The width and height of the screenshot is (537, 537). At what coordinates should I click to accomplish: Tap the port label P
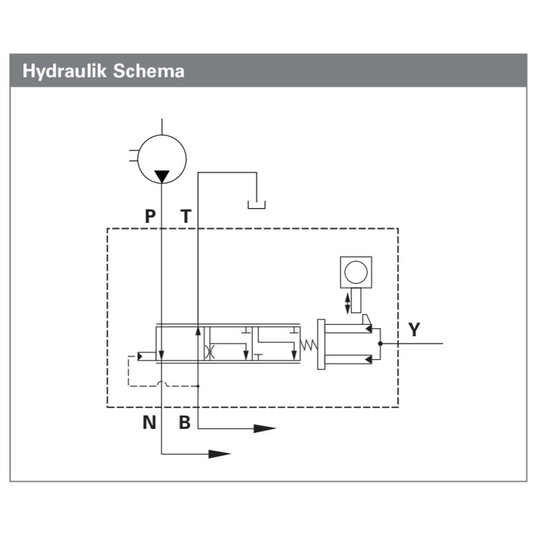tap(150, 216)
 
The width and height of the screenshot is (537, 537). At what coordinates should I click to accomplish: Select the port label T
tap(186, 216)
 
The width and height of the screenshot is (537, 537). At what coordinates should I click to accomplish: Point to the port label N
tap(148, 423)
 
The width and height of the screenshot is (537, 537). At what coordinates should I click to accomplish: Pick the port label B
tap(185, 423)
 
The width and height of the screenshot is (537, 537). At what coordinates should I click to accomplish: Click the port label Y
tap(414, 330)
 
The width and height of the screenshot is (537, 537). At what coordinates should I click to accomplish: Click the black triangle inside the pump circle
tap(162, 177)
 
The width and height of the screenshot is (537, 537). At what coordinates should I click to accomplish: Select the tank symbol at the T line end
tap(256, 203)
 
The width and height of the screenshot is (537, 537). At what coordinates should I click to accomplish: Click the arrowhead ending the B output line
tap(265, 428)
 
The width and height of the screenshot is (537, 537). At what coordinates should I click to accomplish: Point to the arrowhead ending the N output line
tap(219, 454)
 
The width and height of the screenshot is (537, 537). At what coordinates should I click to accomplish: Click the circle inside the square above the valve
tap(355, 272)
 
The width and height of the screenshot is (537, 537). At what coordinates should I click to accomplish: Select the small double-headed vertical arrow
tap(347, 301)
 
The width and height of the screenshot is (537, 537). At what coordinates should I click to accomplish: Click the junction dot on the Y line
tap(380, 344)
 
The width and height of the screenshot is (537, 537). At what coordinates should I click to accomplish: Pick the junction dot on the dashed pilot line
tap(199, 386)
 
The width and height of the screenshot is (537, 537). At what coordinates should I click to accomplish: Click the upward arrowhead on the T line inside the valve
tap(199, 330)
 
